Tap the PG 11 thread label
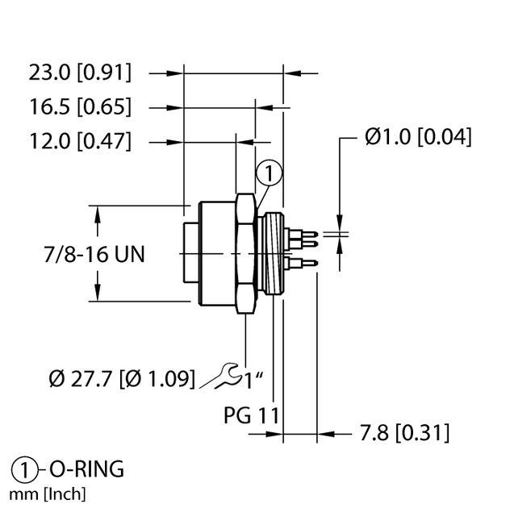251,415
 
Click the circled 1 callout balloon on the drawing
270,173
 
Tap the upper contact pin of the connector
305,237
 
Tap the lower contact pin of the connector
305,263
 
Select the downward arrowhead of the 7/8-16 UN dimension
98,296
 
